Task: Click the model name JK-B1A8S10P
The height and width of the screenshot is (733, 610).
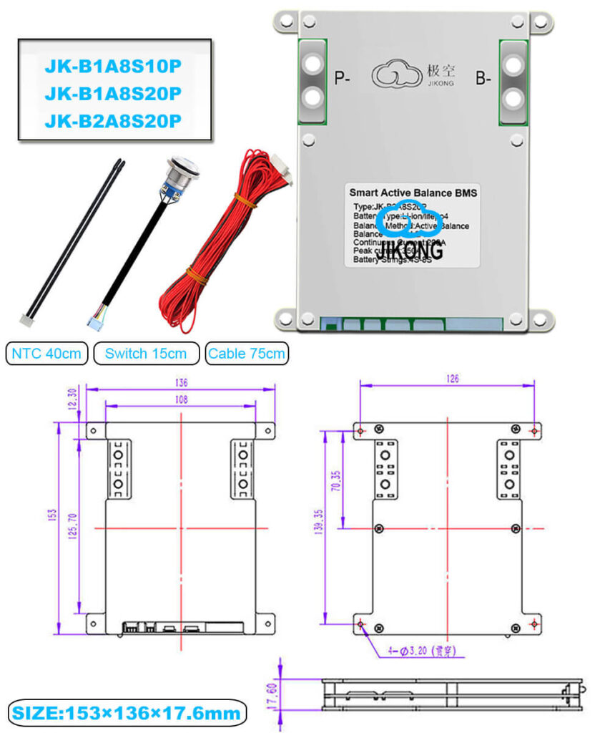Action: coord(114,67)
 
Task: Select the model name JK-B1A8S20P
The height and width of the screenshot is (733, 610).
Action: coord(114,93)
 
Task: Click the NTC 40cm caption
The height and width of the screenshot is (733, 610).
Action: coord(48,353)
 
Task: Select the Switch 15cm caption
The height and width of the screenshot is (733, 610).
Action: coord(146,353)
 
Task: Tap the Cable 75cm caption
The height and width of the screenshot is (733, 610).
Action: coord(247,353)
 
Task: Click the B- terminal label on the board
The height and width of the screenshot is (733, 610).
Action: coord(483,79)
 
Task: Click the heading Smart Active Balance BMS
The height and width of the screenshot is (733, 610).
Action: coord(413,192)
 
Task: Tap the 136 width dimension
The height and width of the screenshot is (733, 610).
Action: coord(182,381)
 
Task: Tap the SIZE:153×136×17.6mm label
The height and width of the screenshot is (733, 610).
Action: coord(127,713)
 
